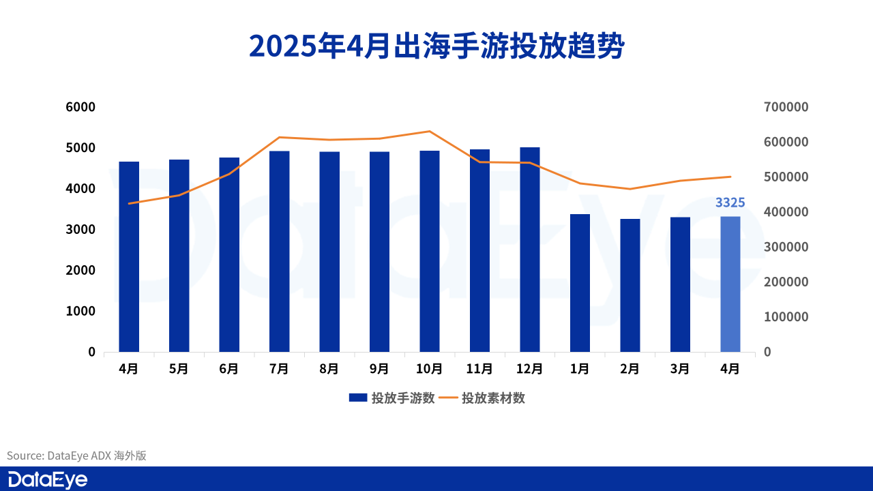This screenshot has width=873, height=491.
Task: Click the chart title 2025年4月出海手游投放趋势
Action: [436, 46]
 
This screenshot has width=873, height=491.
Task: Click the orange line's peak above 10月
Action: [429, 131]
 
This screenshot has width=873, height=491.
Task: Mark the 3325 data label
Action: [730, 203]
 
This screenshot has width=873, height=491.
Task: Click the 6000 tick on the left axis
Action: [81, 107]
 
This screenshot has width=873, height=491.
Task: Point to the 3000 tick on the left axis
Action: [81, 229]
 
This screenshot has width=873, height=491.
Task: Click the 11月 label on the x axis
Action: [479, 369]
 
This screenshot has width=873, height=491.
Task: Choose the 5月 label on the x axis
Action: [179, 369]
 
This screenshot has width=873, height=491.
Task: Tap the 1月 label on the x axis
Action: [580, 369]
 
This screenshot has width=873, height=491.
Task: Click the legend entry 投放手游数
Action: [391, 398]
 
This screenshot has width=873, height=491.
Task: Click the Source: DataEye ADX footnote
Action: [76, 456]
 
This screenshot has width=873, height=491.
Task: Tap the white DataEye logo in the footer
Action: [48, 479]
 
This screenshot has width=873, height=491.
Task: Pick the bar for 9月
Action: [379, 252]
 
